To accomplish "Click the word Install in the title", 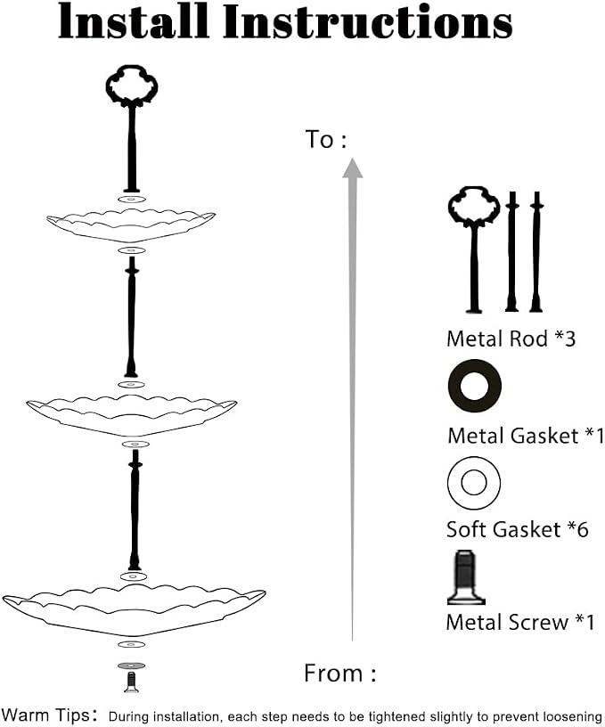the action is point(134,20).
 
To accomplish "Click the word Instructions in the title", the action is point(368,21).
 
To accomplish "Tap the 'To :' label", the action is point(325,139).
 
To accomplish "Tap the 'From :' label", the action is point(339,673).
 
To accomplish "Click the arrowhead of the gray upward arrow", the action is point(353,167).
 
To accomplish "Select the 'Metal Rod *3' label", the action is point(511,339).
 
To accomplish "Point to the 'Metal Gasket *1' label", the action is point(526,436).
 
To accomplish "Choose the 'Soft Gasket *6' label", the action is point(518,529).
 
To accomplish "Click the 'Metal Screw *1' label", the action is point(520,622).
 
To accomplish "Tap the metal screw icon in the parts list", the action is point(466,577).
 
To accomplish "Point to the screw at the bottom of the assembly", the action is point(131,682).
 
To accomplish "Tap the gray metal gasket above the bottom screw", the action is point(131,666).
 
